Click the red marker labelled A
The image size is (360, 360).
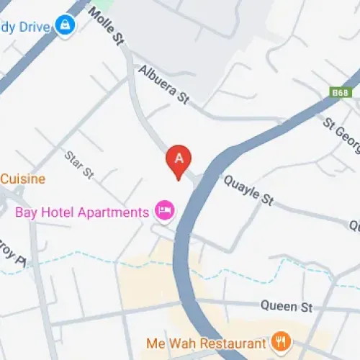point(179,161)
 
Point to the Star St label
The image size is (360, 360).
point(79,163)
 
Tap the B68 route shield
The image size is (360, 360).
point(341,93)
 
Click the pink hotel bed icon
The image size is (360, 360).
point(164,211)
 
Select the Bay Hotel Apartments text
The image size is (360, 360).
point(81,212)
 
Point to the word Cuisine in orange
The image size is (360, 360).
point(23,179)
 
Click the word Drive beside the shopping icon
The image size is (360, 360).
point(32,27)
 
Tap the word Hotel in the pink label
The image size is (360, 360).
point(57,212)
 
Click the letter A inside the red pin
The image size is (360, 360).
point(179,156)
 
